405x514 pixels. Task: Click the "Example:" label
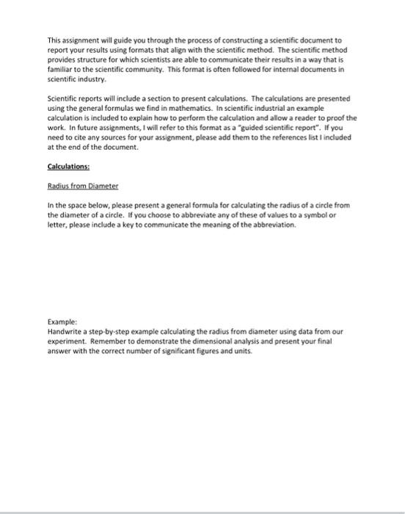click(63, 322)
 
